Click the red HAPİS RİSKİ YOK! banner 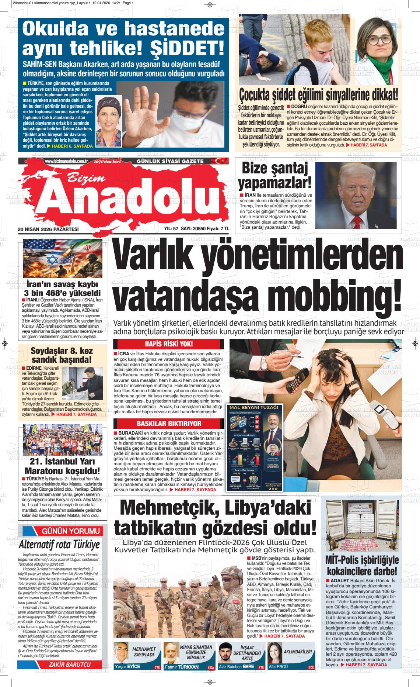[168, 344]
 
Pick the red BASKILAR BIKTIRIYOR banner [168, 424]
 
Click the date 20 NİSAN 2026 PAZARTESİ [48, 229]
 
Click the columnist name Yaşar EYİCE [127, 667]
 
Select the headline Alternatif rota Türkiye [59, 545]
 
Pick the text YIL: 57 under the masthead [171, 229]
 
